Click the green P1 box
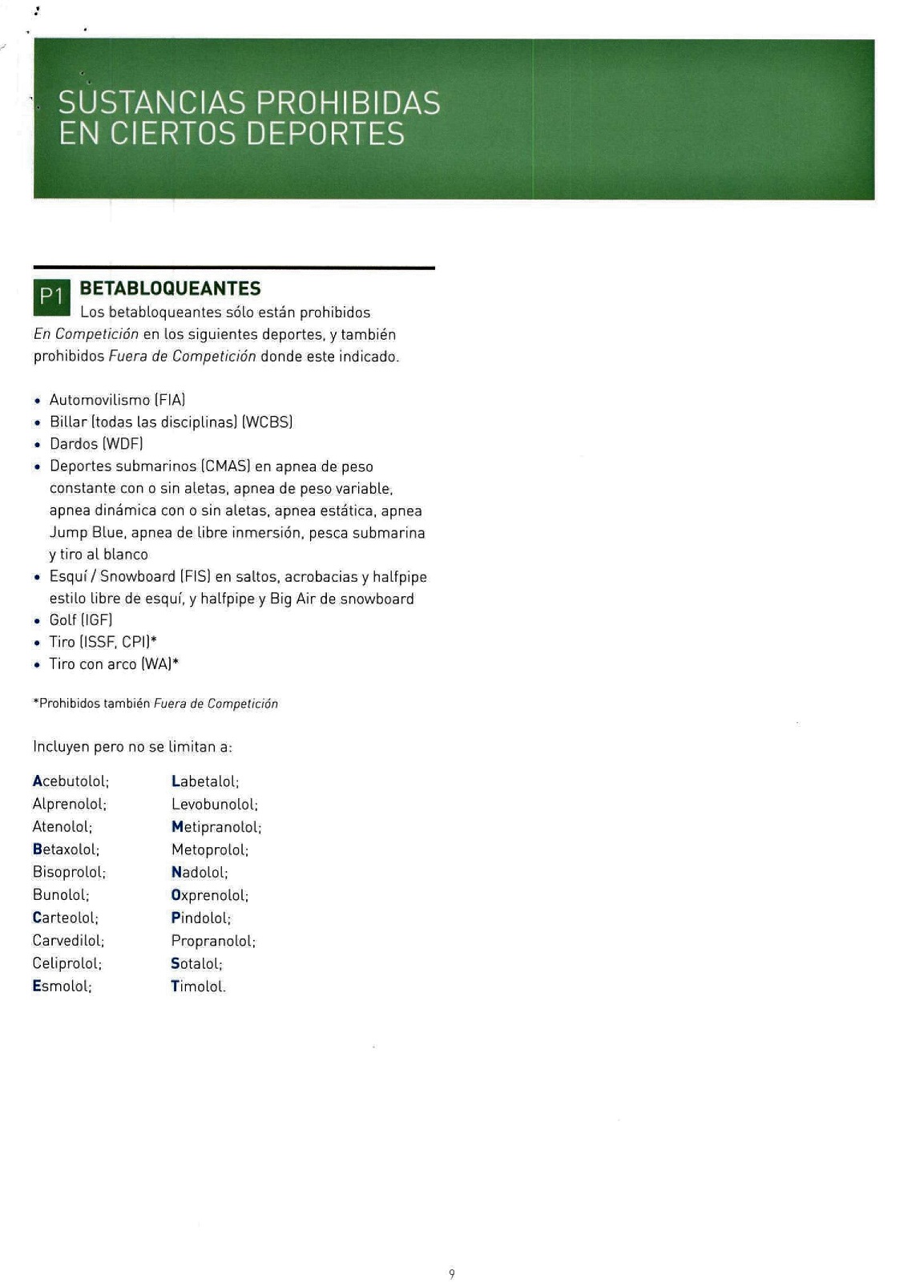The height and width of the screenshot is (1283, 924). [51, 297]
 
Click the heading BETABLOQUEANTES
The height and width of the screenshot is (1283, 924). [171, 288]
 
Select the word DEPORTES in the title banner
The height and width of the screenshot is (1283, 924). [325, 134]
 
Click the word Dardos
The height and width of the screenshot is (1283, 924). [74, 444]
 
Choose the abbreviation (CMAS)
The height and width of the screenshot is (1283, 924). [226, 466]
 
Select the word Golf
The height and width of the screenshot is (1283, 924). [63, 620]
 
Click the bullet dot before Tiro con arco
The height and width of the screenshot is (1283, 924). [37, 665]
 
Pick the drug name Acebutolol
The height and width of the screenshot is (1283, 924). [71, 781]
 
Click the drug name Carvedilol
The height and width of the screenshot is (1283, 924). [68, 941]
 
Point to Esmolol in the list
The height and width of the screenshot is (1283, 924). [63, 986]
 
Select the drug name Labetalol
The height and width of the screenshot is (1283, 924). [205, 781]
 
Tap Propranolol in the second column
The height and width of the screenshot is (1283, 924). [213, 941]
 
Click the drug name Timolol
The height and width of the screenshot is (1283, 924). [198, 986]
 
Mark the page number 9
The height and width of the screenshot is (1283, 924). [452, 1274]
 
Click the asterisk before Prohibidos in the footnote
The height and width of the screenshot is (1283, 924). [36, 703]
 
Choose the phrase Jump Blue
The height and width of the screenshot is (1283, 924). [87, 533]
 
